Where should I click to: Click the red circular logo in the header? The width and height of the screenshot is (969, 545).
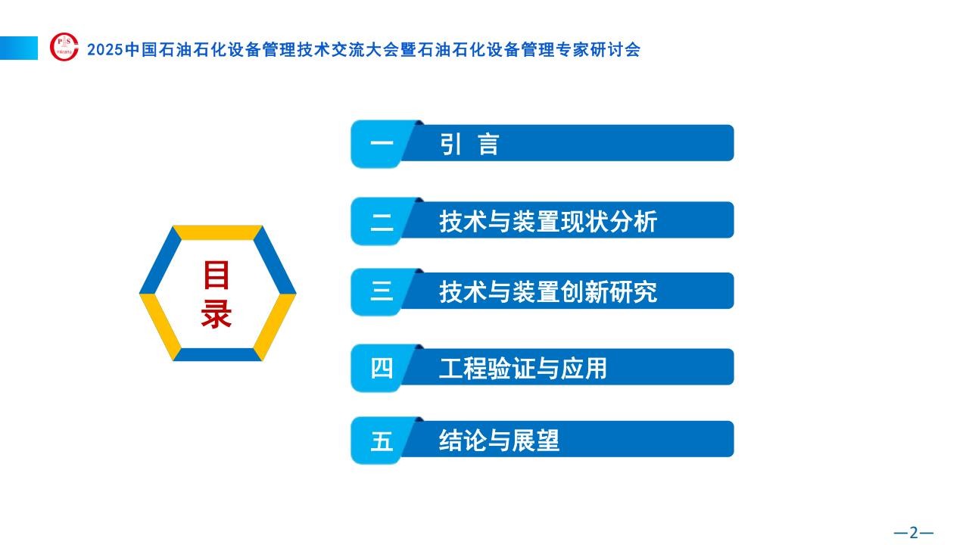(64, 47)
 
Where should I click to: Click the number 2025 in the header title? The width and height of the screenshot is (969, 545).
(105, 50)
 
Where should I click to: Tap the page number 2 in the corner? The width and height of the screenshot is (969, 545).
(913, 532)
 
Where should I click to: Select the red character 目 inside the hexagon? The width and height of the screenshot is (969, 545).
(217, 275)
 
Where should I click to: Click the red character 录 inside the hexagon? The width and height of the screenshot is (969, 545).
(217, 313)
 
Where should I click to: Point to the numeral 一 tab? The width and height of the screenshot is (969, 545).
(382, 144)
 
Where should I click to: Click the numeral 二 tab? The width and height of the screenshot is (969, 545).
(382, 222)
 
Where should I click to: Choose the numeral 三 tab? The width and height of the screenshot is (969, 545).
(382, 292)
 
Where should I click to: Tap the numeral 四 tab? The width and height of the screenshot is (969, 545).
(382, 368)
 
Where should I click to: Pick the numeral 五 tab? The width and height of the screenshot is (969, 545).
(382, 441)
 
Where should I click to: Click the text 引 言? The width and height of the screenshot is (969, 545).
(469, 144)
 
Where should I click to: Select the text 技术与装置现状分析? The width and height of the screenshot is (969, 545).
(548, 222)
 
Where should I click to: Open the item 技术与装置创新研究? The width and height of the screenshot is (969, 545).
(548, 292)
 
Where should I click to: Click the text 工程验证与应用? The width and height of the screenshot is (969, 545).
(523, 369)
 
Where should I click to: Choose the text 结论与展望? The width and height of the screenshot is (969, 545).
(499, 441)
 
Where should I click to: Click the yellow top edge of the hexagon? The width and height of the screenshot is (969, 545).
(217, 232)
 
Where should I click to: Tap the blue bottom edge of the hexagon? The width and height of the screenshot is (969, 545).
(217, 354)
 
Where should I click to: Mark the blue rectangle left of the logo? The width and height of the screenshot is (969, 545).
(19, 48)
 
